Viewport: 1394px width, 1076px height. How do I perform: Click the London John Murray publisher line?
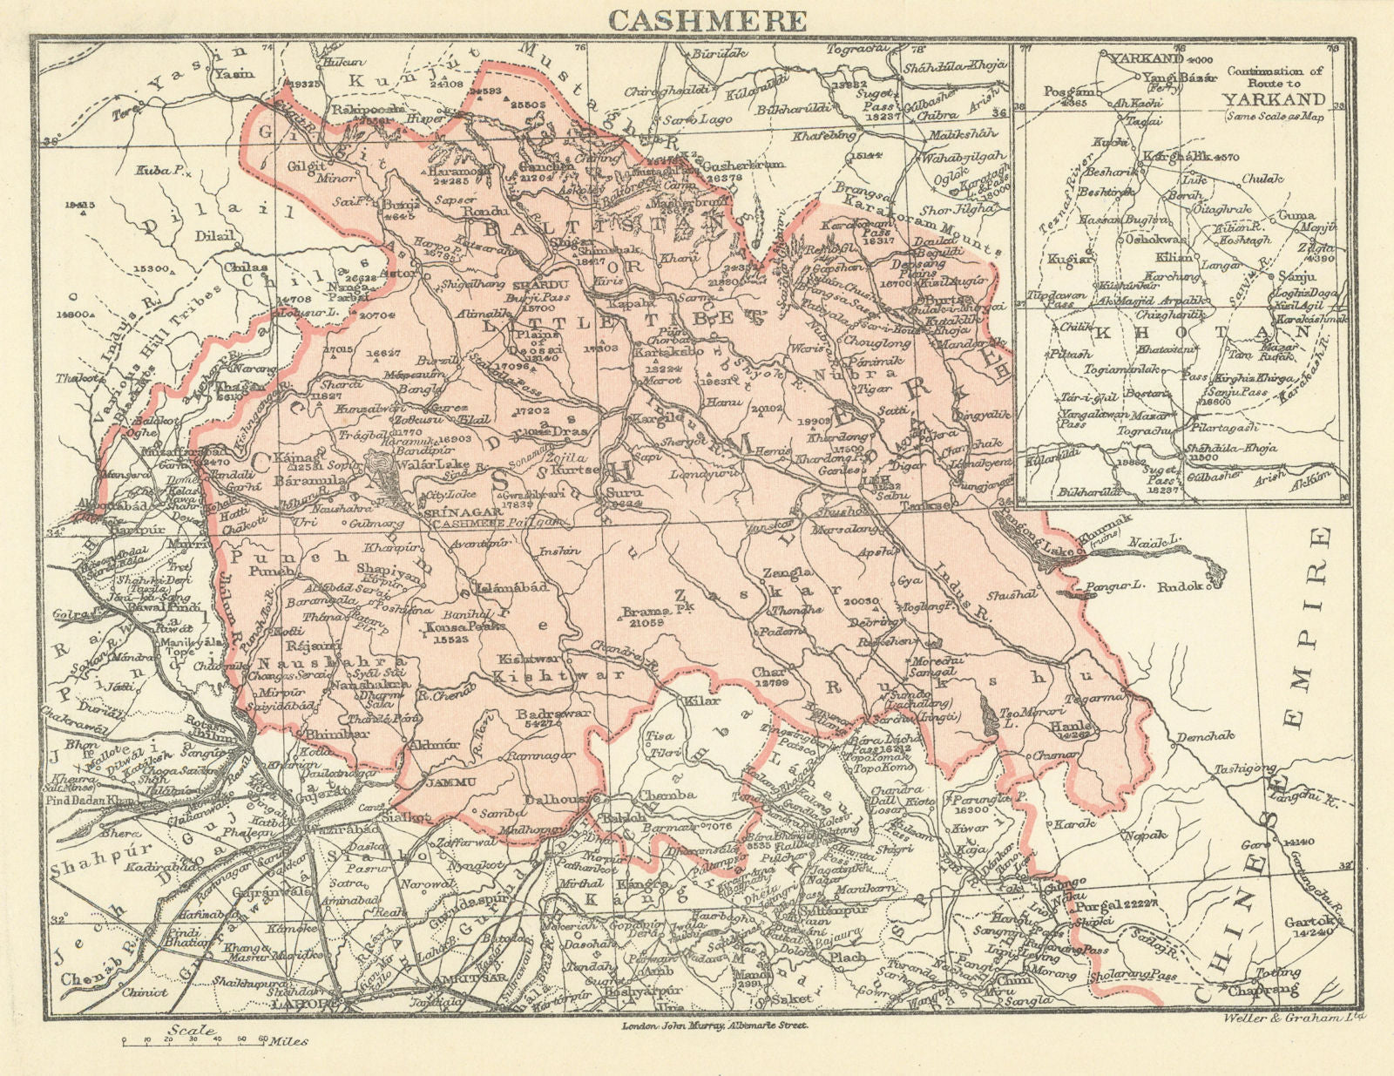pos(714,1025)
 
